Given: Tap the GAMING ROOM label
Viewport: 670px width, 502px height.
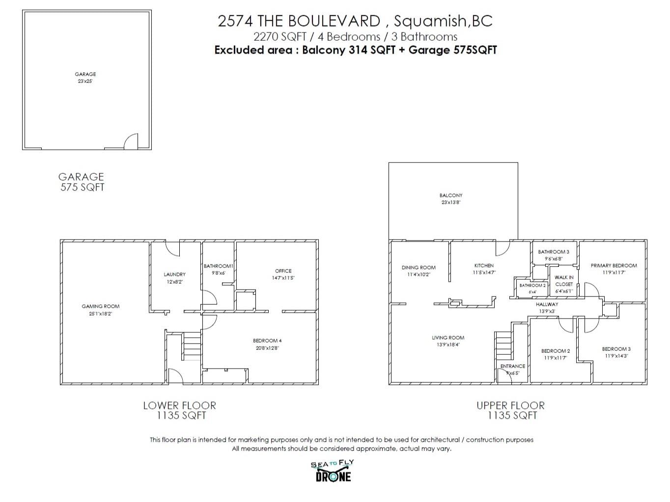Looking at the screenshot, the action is [x=100, y=306].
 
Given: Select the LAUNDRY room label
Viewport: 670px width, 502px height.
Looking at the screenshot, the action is [x=174, y=274].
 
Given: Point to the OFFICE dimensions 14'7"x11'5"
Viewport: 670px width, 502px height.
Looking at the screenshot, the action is [x=283, y=278].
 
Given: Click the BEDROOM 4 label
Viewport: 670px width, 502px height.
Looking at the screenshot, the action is [x=267, y=341].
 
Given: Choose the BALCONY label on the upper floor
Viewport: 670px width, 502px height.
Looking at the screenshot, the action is [x=451, y=195].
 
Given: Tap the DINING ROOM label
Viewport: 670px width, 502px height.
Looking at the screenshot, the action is [x=419, y=267].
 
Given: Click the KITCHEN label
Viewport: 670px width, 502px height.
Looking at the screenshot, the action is [x=484, y=265].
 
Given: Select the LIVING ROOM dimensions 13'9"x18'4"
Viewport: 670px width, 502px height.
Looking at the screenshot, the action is [x=448, y=344].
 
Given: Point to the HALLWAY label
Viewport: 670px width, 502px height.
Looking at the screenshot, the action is [x=547, y=304].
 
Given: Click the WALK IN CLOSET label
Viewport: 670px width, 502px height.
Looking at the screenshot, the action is [x=564, y=281].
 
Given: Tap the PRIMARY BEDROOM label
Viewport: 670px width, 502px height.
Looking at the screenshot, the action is [x=614, y=265].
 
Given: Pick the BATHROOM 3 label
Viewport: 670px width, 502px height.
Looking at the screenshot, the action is [x=554, y=252].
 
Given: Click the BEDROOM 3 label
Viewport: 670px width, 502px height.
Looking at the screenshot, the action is [x=616, y=349].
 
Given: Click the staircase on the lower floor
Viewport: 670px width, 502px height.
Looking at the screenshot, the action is [x=192, y=346].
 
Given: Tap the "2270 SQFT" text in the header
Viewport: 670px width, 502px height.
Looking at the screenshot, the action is [x=280, y=37].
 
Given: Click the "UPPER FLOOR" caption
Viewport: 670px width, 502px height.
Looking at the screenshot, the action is [x=511, y=405].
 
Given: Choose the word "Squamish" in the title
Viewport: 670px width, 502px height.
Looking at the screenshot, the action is [x=429, y=21].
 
